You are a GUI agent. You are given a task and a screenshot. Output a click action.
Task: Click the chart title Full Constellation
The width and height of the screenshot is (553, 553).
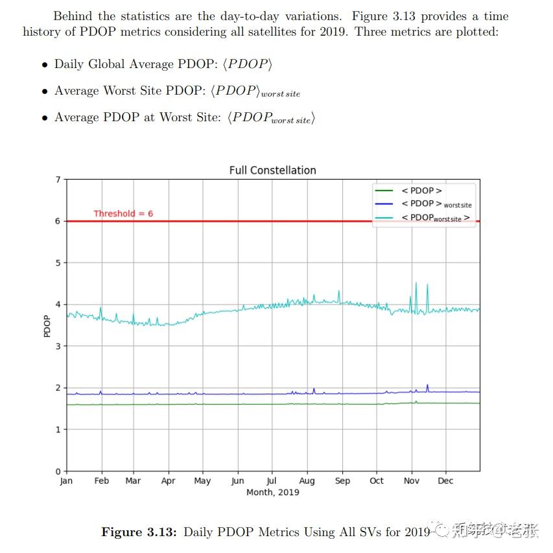coord(272,171)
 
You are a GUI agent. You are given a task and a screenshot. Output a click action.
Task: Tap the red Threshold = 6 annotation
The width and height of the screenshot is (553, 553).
coord(123,213)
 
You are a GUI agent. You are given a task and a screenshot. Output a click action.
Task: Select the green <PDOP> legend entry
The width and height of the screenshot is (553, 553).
coord(421,191)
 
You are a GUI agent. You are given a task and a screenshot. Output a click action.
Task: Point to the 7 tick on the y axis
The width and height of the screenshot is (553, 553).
coord(58,180)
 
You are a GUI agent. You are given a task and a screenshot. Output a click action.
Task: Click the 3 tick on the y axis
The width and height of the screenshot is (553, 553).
coord(58,346)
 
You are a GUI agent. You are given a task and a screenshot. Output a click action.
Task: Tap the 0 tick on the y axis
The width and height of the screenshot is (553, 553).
coord(58,471)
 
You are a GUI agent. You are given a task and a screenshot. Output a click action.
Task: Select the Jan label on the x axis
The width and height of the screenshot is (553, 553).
coord(66,481)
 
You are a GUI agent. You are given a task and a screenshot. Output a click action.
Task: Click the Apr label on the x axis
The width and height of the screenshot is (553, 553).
coord(168,481)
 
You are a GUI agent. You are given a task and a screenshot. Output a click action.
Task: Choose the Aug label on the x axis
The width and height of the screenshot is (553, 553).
coord(307,481)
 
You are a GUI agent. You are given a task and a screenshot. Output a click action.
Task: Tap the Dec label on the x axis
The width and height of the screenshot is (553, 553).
coord(445,481)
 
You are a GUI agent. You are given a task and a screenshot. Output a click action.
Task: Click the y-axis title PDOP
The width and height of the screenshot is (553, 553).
coord(47,325)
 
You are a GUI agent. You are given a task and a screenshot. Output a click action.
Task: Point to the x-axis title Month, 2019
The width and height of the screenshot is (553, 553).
coord(272,492)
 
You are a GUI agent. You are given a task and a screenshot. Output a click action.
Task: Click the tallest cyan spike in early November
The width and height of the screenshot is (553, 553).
coord(416,283)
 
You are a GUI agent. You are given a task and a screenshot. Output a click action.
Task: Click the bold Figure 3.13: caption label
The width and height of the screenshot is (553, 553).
coord(138,532)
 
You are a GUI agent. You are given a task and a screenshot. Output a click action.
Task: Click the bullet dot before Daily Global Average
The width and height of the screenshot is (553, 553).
coord(45,65)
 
